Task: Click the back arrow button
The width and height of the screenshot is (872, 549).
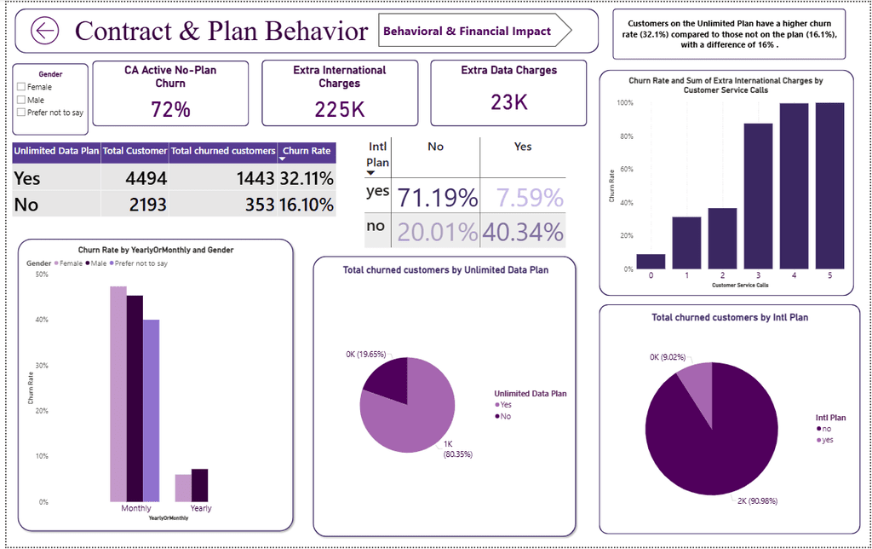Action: click(x=44, y=32)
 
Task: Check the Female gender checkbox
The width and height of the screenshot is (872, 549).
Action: click(x=20, y=87)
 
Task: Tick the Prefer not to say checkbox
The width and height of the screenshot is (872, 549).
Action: click(x=20, y=113)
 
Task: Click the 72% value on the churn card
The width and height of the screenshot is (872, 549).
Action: click(x=170, y=109)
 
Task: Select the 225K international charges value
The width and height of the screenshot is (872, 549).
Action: click(x=340, y=109)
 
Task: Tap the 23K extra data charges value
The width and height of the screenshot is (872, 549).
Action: click(x=508, y=102)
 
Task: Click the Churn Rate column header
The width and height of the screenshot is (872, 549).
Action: click(x=307, y=151)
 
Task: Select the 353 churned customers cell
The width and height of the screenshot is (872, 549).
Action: click(x=255, y=205)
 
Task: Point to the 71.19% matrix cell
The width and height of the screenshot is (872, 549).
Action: click(x=434, y=198)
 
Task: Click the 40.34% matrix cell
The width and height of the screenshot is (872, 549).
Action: click(x=523, y=232)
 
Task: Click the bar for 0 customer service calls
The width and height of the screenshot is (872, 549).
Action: click(x=651, y=262)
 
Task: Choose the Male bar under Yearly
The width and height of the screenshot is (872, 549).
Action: click(x=200, y=485)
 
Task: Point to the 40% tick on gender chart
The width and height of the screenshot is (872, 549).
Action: click(x=43, y=321)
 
